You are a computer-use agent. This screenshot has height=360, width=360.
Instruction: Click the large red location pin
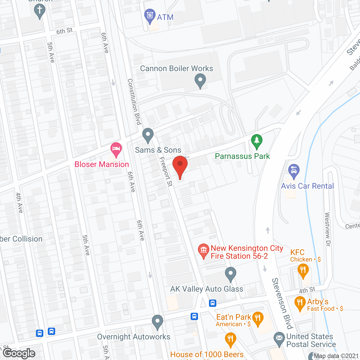[x=180, y=166]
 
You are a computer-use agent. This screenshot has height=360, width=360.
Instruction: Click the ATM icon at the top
[x=150, y=15]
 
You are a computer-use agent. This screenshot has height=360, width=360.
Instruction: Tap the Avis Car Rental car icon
[x=294, y=171]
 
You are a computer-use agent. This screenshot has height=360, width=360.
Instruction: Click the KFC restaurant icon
[x=303, y=271]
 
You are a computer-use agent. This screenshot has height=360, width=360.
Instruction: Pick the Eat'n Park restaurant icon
[x=258, y=319]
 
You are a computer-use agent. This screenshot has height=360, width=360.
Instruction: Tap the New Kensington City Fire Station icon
[x=203, y=250]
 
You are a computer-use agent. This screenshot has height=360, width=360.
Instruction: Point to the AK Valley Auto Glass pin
[x=231, y=274]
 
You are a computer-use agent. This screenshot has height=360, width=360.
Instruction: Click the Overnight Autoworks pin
[x=157, y=321]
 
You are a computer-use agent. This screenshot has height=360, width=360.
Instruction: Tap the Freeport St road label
[x=166, y=172]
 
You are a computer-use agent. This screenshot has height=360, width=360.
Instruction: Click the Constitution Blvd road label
[x=134, y=102]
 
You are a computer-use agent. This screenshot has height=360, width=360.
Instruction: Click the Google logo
[x=19, y=353]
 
